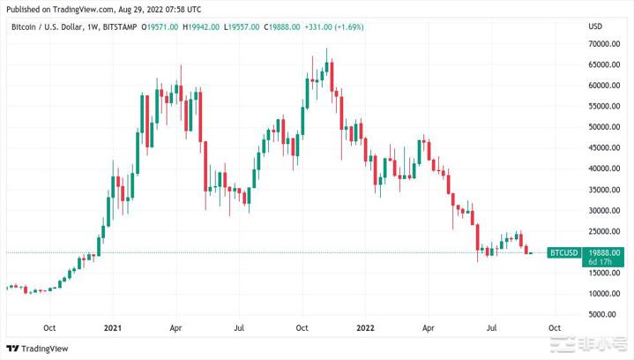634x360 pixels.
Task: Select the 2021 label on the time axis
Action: pyautogui.click(x=112, y=326)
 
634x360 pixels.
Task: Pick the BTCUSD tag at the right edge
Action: pyautogui.click(x=563, y=253)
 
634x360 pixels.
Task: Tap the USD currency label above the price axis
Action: pyautogui.click(x=596, y=26)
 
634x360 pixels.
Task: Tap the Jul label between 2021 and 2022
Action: pyautogui.click(x=240, y=326)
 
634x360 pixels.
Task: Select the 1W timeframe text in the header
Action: pyautogui.click(x=91, y=27)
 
